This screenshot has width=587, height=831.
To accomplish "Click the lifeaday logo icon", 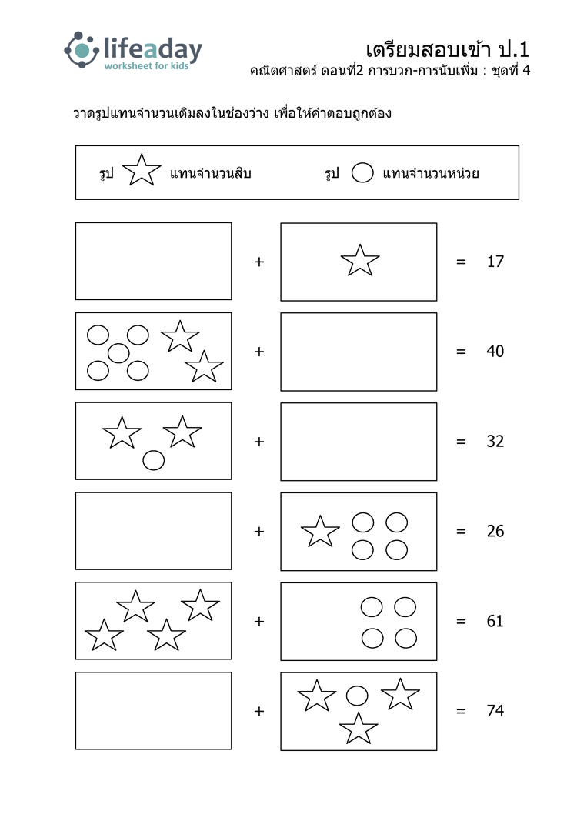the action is point(82,50).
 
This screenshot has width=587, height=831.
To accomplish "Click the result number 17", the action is point(495,262).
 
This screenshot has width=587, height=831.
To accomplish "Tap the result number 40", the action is point(495,352).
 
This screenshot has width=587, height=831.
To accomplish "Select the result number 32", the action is point(495,442).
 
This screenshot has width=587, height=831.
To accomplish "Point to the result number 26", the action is point(495,531).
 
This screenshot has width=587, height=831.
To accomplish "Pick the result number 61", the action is point(495,621).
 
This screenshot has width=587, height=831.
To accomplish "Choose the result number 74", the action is point(495,711).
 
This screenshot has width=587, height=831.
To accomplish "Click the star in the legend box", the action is point(142,171).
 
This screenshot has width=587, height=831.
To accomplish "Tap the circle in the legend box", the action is point(362,173).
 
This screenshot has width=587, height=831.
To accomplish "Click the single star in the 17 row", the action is point(360,261).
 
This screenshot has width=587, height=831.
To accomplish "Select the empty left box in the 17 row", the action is point(154,262).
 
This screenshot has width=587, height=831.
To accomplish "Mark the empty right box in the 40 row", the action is point(359,352).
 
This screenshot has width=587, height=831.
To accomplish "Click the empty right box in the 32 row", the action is point(359,442).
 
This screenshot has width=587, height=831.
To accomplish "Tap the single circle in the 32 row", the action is point(154,460).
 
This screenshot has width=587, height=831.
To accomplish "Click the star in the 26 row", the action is point(320,532).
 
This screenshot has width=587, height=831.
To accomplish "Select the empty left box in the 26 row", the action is point(154,531).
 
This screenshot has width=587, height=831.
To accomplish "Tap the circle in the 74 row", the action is point(357,696).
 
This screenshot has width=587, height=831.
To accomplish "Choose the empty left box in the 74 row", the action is point(154,711).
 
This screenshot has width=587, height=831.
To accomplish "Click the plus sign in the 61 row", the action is point(259,621).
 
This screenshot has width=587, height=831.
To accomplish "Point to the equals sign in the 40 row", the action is point(462,352).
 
